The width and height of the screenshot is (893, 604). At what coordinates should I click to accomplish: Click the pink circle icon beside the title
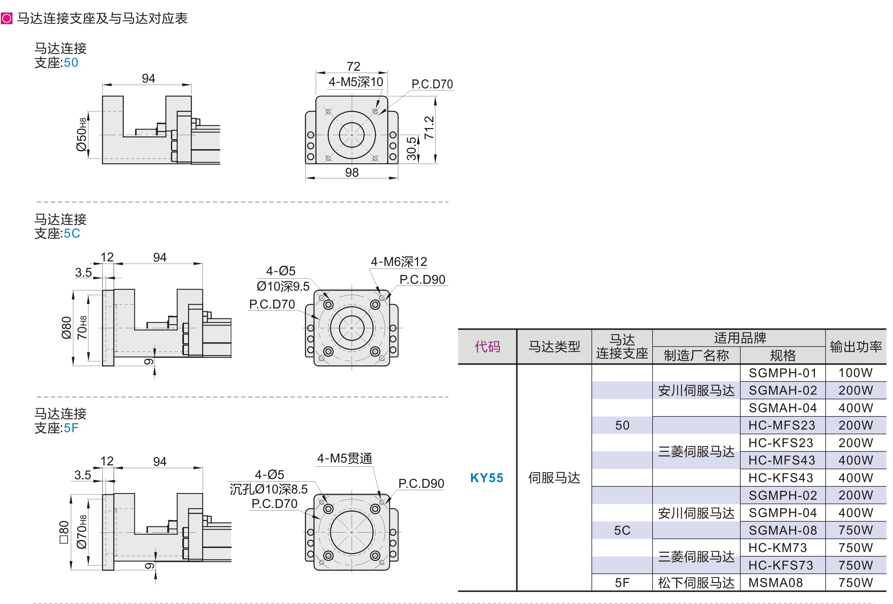tap(7, 18)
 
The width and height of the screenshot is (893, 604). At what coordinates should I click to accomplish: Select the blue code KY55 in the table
tap(487, 478)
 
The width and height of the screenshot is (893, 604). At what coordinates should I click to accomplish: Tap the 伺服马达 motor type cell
tap(554, 478)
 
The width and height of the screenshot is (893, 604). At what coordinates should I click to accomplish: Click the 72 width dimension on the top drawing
tap(353, 66)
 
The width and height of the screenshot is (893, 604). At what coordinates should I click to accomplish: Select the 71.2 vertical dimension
tap(429, 128)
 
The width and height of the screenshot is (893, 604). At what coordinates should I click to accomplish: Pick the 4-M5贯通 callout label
tap(344, 458)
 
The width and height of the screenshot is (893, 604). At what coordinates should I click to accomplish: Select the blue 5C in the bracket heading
tap(72, 233)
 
